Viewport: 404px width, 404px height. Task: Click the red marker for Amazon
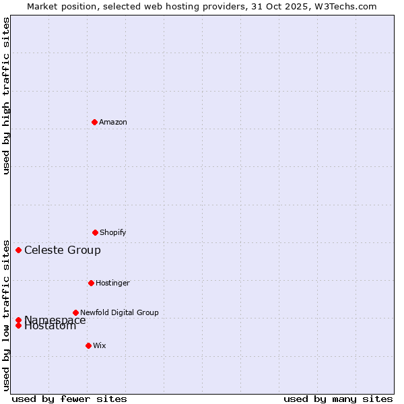point(94,122)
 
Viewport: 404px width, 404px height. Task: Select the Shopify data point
point(95,232)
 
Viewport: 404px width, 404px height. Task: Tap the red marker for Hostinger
point(91,283)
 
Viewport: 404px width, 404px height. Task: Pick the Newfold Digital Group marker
point(75,312)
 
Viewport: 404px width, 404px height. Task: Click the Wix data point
point(88,345)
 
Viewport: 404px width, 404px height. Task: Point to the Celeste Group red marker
point(18,250)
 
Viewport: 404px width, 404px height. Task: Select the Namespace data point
point(18,320)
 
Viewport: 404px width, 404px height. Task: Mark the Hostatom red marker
point(18,326)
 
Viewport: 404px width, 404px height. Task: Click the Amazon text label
point(113,123)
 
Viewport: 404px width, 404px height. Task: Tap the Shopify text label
point(113,233)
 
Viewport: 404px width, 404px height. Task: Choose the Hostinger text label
point(112,283)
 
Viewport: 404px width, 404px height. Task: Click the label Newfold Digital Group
point(119,312)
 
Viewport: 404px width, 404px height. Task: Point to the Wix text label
point(100,346)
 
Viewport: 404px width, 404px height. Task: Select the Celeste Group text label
point(63,250)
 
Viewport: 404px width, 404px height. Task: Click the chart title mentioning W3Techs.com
point(202,6)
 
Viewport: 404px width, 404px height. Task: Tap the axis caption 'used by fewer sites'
point(69,399)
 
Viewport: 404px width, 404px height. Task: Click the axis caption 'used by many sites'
point(338,399)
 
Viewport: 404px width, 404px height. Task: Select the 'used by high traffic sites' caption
point(7,96)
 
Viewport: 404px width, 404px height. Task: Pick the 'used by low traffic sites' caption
point(7,314)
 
